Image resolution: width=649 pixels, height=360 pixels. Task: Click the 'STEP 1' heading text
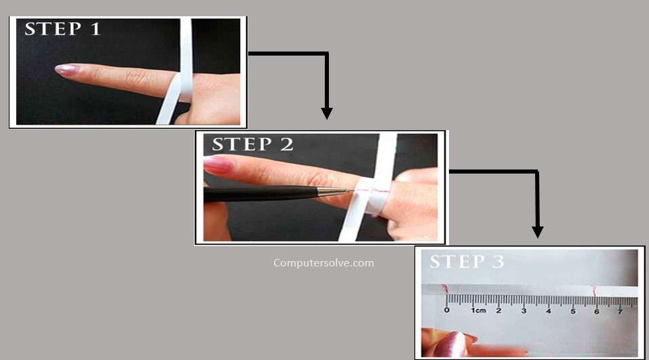click(62, 29)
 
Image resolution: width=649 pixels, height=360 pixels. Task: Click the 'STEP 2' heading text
click(252, 144)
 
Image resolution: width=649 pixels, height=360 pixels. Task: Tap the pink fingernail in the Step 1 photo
click(66, 69)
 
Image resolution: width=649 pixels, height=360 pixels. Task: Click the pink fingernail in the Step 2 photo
click(218, 165)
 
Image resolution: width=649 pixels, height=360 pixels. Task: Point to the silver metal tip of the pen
click(333, 192)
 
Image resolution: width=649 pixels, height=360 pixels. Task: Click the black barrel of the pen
click(261, 194)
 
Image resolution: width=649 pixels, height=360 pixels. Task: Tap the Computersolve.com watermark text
click(323, 262)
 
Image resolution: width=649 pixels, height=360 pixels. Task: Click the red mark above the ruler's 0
click(445, 289)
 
